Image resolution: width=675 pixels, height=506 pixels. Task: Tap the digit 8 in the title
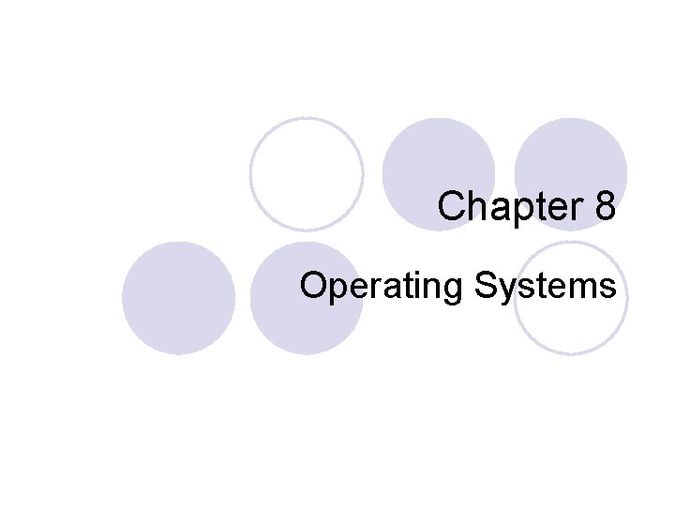coord(605,206)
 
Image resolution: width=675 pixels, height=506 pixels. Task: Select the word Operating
coord(382,286)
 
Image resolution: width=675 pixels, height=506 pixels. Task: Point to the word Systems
coord(546,286)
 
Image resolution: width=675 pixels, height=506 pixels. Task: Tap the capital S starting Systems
coord(486,285)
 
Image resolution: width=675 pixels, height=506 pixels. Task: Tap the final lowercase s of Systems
coord(609,288)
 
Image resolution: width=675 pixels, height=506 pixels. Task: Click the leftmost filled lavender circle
coord(178,298)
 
